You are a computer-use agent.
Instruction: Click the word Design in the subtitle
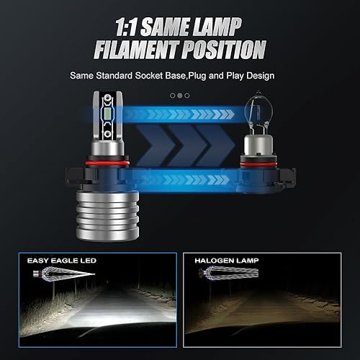(257, 75)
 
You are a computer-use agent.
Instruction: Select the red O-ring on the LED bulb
(109, 164)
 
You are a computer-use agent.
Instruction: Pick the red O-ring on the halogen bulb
(260, 165)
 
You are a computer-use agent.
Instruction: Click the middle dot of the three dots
(179, 95)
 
